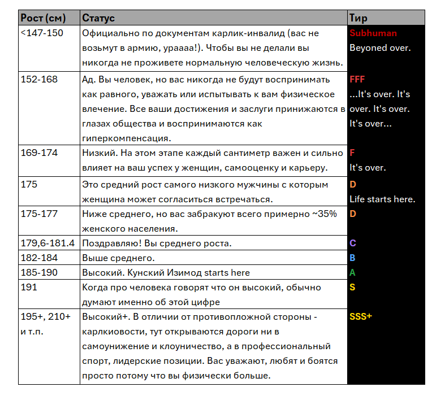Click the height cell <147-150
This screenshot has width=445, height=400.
(x=42, y=33)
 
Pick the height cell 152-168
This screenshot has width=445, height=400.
(x=39, y=80)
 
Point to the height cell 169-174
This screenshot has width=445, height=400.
(x=39, y=153)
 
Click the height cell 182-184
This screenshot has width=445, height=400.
(x=39, y=258)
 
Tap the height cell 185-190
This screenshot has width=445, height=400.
(x=39, y=273)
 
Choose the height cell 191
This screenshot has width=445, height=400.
(x=29, y=288)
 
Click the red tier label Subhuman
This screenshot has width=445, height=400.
(x=373, y=33)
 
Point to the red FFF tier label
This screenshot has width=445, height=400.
(x=357, y=80)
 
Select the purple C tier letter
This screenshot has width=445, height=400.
(x=353, y=244)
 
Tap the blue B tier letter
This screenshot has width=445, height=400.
(x=353, y=258)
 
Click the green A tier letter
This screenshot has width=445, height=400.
(x=353, y=273)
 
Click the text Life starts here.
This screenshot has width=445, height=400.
(x=382, y=199)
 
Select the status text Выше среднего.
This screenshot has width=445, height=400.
(x=118, y=258)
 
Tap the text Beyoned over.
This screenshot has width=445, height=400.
(x=380, y=48)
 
